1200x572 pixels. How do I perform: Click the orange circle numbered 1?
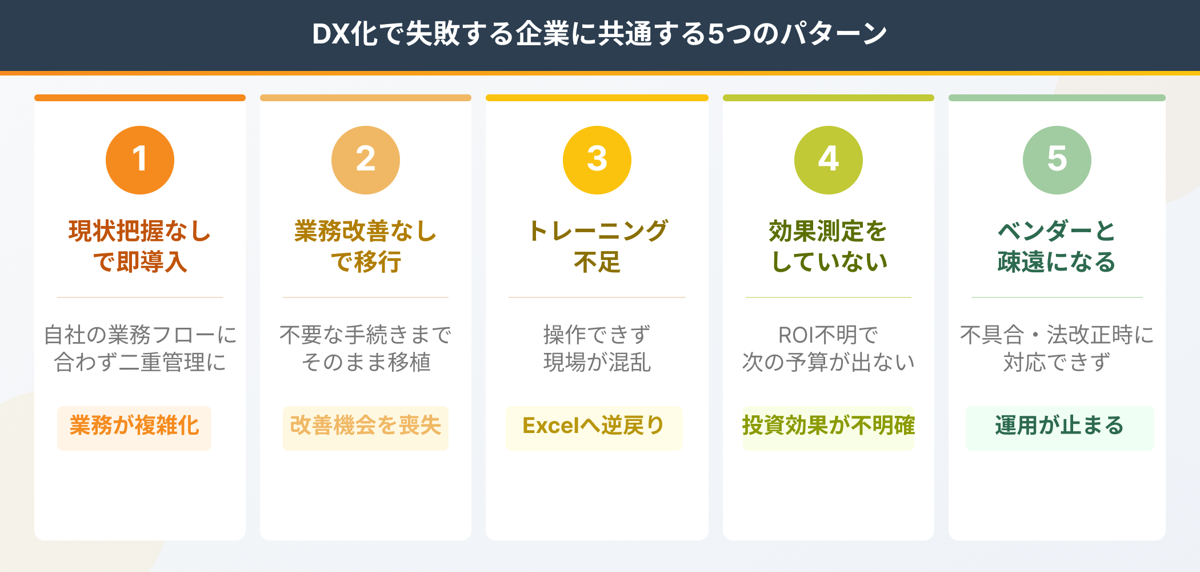140,160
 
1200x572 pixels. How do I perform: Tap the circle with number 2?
366,160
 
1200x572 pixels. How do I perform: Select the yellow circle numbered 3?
597,160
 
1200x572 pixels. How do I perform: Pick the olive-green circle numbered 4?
829,160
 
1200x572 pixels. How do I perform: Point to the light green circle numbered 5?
1057,160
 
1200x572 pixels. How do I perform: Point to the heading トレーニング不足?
597,247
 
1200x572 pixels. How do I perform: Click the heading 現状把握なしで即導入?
140,247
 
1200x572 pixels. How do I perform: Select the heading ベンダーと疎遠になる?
1057,247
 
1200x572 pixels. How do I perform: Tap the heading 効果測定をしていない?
829,247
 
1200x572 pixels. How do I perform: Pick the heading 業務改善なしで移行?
366,247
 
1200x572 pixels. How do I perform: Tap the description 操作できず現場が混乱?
597,348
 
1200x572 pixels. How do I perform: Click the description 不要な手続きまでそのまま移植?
366,348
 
